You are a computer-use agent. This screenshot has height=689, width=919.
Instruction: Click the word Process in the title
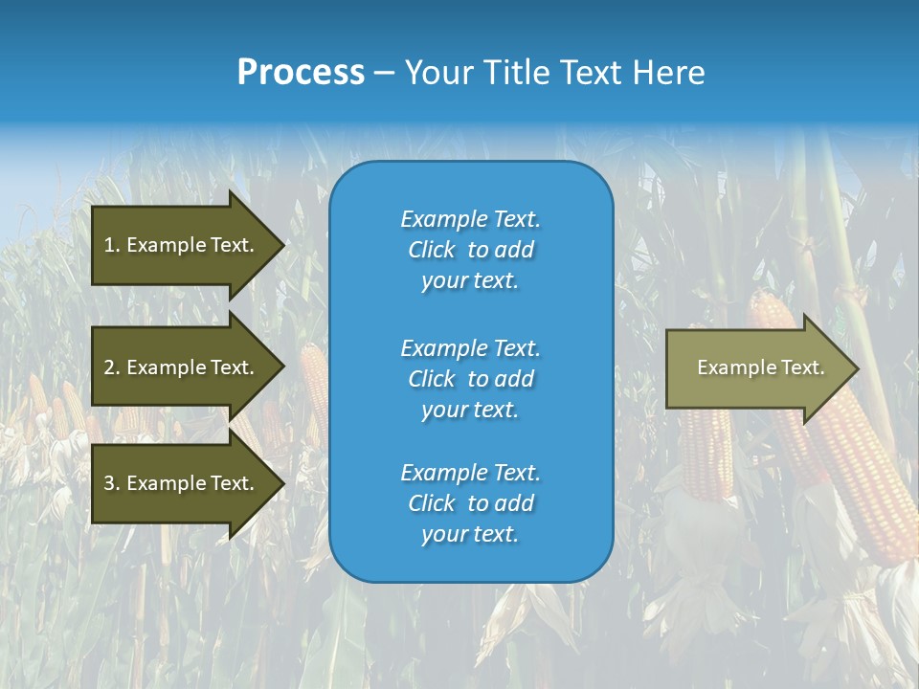(301, 73)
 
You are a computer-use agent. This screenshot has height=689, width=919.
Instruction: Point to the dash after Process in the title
(384, 74)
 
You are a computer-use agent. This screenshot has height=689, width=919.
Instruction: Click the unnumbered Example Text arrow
(760, 367)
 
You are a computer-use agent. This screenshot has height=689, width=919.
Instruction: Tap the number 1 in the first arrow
(109, 245)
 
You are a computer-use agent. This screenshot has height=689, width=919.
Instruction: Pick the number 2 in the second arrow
(109, 367)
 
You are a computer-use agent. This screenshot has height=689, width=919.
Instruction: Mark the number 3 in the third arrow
(109, 483)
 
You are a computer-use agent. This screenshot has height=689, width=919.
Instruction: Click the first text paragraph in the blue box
(470, 250)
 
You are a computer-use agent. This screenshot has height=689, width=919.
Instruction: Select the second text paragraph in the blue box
(470, 379)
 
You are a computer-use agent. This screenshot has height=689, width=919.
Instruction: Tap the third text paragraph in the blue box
(470, 503)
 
